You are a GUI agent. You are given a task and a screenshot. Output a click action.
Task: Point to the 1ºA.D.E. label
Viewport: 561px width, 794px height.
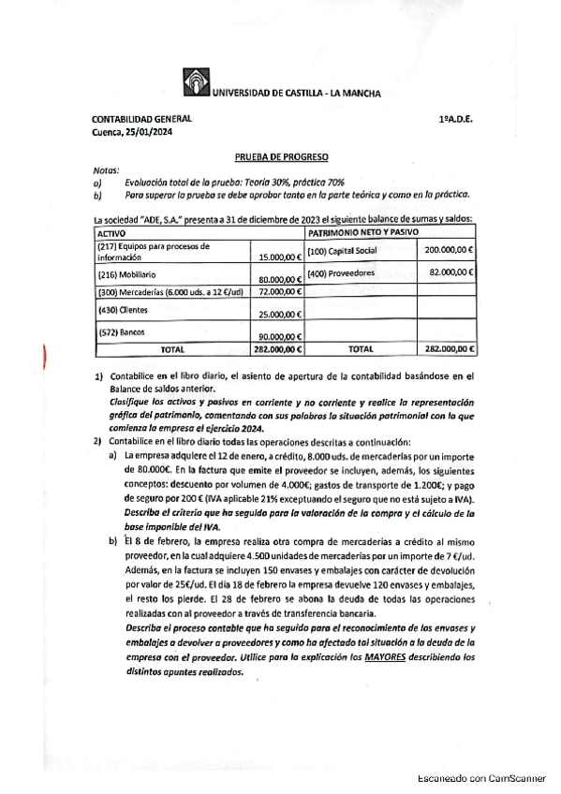(454, 120)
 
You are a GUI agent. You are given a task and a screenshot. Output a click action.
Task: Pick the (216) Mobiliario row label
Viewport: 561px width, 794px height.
(126, 276)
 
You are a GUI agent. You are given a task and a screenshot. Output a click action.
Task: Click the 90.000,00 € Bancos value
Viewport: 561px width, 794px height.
(279, 336)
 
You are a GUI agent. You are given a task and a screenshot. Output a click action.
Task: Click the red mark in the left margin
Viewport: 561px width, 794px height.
(44, 360)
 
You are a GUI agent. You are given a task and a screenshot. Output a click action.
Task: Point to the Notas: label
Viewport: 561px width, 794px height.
(107, 171)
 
